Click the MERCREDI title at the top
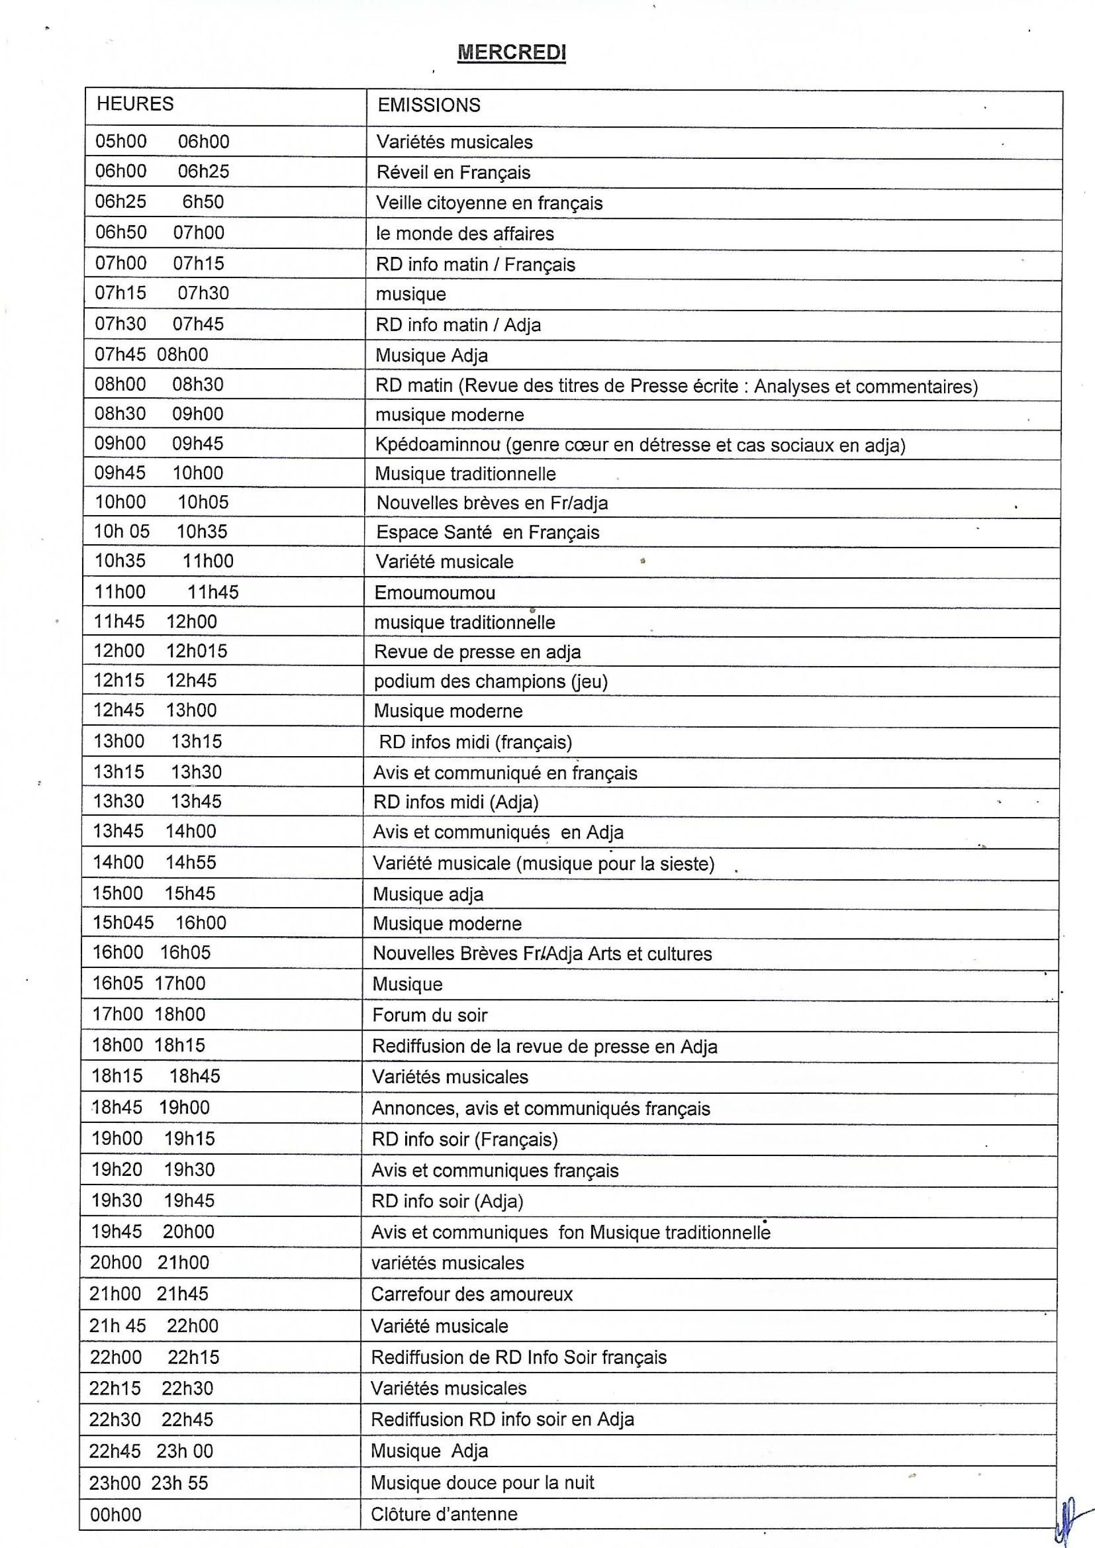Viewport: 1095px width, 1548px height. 511,53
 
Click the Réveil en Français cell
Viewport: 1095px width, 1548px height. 453,173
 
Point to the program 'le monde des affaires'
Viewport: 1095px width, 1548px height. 465,234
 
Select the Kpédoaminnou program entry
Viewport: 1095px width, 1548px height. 640,445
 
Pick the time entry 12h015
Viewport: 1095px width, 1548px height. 197,652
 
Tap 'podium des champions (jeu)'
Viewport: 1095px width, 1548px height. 490,682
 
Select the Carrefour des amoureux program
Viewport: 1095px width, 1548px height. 471,1295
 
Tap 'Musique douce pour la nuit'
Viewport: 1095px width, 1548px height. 482,1483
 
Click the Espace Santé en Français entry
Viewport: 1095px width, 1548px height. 488,533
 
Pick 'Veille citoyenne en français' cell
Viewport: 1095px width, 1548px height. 489,203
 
